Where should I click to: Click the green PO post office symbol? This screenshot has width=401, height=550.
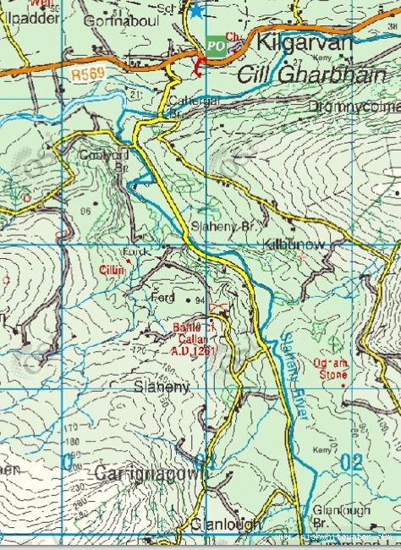(217, 46)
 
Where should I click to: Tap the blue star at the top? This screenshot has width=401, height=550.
(196, 10)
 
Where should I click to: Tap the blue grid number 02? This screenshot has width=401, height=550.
(353, 461)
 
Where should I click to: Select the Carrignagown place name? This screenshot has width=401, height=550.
(151, 472)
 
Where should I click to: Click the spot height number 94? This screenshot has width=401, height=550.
(200, 300)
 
